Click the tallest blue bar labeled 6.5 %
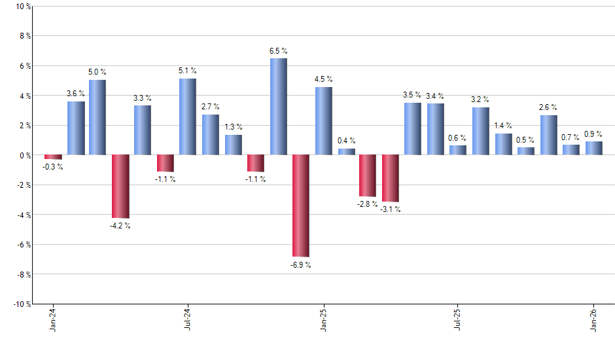coord(278,107)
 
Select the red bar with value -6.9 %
coord(301,206)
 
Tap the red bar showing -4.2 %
coord(120,186)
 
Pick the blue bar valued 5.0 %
coord(97,117)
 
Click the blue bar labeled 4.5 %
coord(323,121)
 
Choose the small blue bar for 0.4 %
coord(346,152)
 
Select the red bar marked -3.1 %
coord(391,178)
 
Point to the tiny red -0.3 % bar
coord(53,157)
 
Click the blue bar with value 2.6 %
coord(548,135)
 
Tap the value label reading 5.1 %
coord(188,71)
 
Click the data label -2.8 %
coord(368,205)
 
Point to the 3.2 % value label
coord(481,99)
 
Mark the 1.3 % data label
coord(233,127)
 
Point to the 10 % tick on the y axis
coord(22,7)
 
